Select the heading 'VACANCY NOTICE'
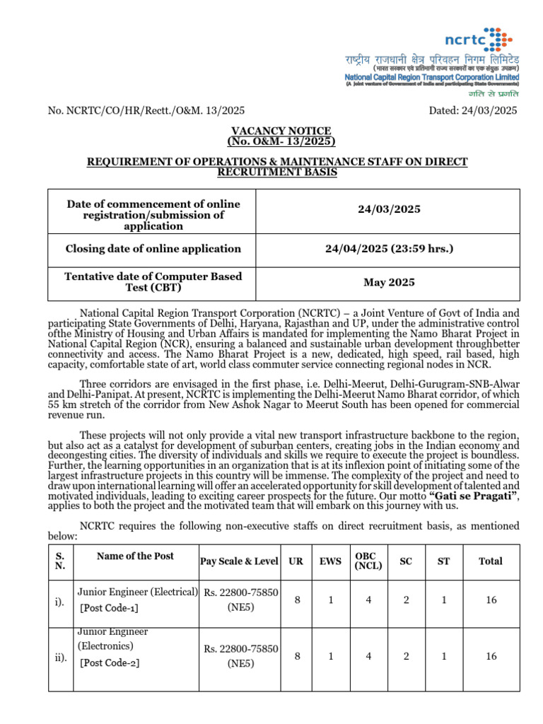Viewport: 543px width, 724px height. click(x=281, y=131)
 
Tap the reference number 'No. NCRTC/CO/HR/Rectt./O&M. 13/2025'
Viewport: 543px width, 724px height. click(x=146, y=110)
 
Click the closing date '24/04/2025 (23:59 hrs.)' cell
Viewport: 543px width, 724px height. click(x=389, y=249)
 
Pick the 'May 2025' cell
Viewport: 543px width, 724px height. click(x=389, y=283)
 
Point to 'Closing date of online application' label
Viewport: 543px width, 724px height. click(x=153, y=249)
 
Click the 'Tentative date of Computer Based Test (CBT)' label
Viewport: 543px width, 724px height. click(x=153, y=282)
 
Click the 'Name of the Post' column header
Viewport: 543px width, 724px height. click(x=135, y=556)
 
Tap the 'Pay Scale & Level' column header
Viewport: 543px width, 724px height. click(x=238, y=561)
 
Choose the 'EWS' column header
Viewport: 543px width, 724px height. click(x=330, y=561)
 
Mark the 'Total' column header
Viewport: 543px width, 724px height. click(x=491, y=561)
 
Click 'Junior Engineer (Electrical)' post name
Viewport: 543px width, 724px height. click(x=137, y=591)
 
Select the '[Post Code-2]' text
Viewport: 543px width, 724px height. click(x=110, y=662)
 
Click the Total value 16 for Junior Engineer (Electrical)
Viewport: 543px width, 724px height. click(x=491, y=600)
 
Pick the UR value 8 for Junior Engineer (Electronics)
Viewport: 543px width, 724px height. click(x=298, y=657)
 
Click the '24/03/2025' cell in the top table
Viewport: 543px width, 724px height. click(x=389, y=209)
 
